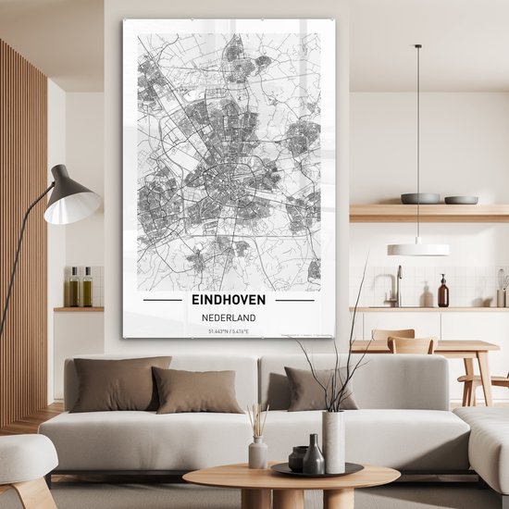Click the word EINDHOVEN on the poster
(228, 300)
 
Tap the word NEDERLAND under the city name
(228, 318)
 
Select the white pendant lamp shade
(418, 249)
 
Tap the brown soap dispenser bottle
(443, 293)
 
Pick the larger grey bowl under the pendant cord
(421, 198)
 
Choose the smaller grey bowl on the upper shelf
(461, 199)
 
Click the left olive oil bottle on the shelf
(73, 289)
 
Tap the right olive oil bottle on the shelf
(86, 289)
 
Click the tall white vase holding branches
(333, 441)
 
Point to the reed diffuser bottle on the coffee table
(258, 453)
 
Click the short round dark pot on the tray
(298, 459)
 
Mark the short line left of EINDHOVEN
(162, 300)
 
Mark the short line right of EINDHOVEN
(294, 300)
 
